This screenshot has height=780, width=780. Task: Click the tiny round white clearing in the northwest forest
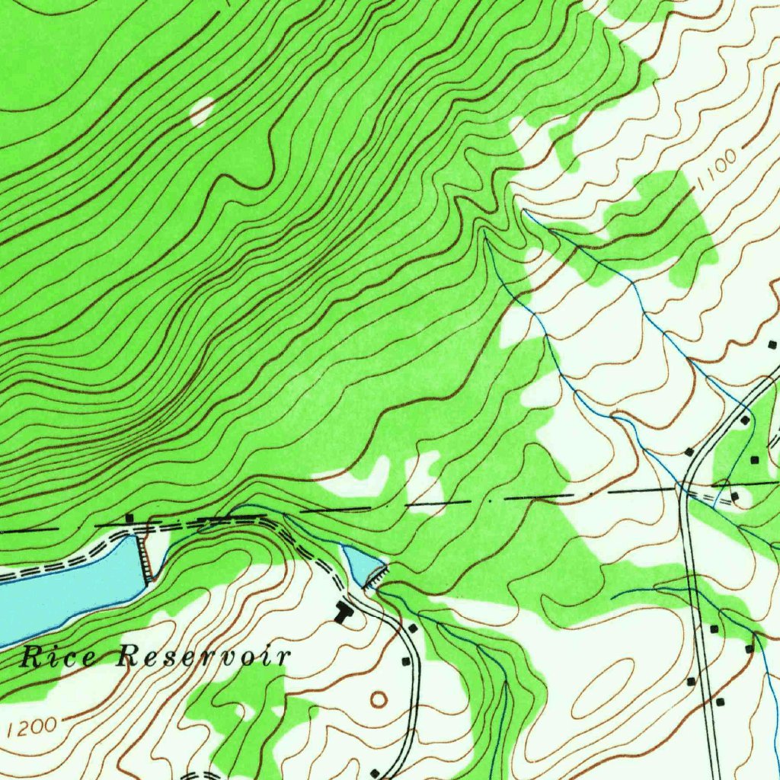[201, 111]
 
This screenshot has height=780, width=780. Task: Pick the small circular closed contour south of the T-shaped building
[378, 698]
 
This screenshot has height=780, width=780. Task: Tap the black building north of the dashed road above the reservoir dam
[129, 518]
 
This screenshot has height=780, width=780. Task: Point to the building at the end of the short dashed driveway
[734, 497]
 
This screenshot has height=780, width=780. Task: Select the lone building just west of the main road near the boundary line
[689, 452]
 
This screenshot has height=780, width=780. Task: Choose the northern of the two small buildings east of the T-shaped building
[412, 628]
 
